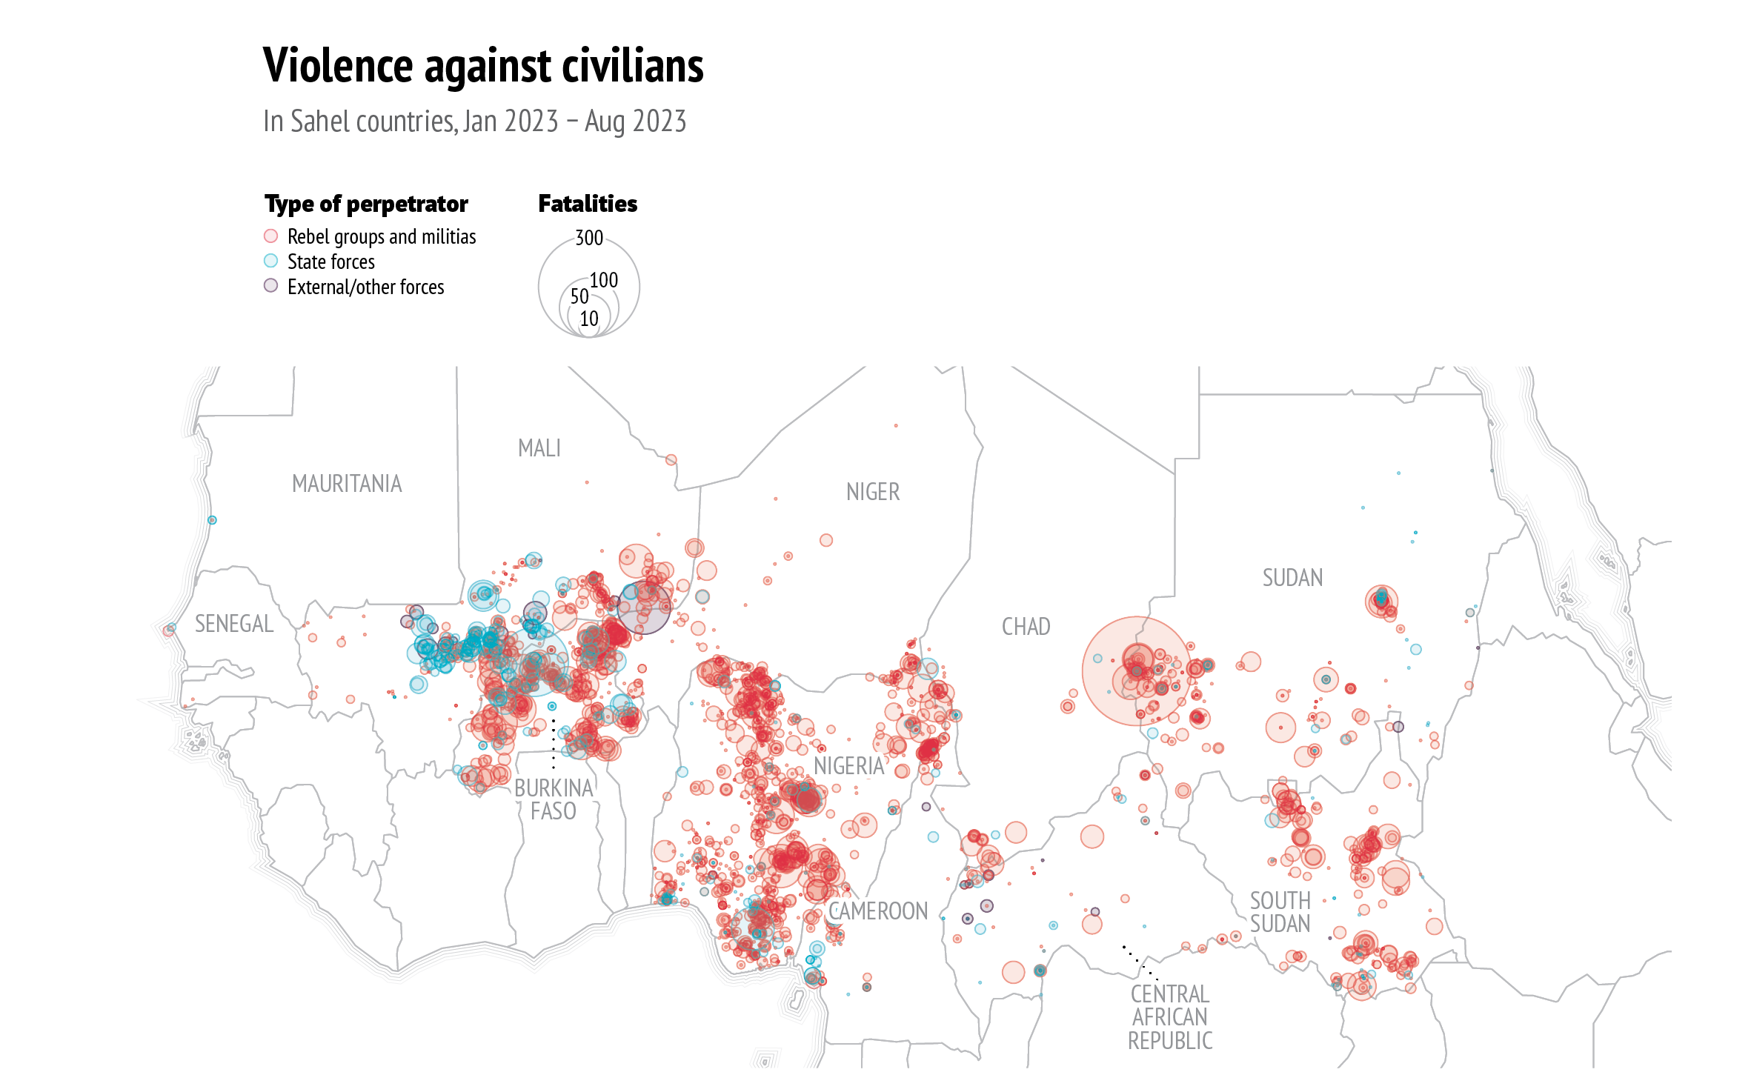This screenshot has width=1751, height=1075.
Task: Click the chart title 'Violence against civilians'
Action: tap(483, 65)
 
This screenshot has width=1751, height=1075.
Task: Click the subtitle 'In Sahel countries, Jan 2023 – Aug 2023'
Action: tap(474, 122)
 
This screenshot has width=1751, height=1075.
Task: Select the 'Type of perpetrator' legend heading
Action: tap(366, 204)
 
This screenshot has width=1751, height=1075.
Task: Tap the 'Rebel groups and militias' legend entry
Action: tap(381, 236)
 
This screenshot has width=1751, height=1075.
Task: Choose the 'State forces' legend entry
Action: tap(330, 262)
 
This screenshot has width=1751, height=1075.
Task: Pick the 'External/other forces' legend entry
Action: tap(365, 287)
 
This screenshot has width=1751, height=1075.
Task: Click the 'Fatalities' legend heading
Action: tap(588, 204)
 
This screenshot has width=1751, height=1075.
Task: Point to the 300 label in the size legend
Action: tap(589, 238)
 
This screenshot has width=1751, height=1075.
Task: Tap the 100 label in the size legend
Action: tap(604, 280)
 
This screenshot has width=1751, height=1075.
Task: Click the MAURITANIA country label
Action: tap(347, 484)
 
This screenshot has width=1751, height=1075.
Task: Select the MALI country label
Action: tap(539, 448)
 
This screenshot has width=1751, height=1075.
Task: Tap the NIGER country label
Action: tap(873, 492)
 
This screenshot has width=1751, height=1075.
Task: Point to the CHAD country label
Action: tap(1026, 627)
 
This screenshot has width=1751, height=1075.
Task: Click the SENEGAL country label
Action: tap(234, 624)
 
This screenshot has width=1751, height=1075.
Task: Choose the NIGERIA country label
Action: tap(849, 766)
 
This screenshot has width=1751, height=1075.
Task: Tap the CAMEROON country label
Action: tap(878, 911)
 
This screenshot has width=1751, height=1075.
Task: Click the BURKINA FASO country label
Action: tap(554, 799)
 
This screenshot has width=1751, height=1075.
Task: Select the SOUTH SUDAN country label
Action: tap(1280, 912)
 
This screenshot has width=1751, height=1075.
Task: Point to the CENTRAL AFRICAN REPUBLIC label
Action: tap(1170, 1016)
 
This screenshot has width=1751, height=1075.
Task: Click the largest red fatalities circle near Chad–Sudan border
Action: tap(1137, 670)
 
